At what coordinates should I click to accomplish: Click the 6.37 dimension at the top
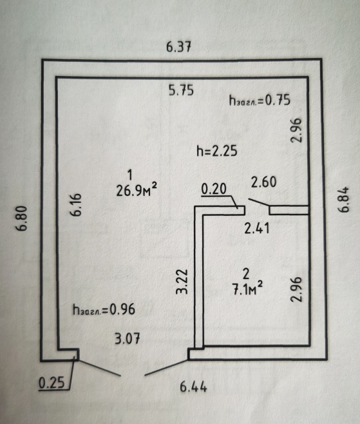coord(178,47)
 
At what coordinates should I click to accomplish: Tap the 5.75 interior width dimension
coord(181,90)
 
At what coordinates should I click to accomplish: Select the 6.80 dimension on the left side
coord(22,218)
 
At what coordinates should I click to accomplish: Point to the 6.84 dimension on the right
coord(344,200)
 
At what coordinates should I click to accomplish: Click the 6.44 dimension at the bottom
coord(193,387)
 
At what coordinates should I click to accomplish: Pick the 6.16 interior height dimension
coord(76,205)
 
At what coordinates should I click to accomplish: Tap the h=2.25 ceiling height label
coord(217,151)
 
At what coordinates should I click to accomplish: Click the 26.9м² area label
coord(137,190)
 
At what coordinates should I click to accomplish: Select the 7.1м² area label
coord(247,289)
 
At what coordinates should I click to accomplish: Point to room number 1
coord(130,175)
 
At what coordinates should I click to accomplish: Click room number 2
coord(246,275)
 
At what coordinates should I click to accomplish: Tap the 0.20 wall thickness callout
coord(214,189)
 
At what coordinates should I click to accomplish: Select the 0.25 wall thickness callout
coord(52,383)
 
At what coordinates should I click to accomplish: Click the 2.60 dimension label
coord(263,182)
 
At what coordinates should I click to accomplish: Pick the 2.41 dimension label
coord(257,228)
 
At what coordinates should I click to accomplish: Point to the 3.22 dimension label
coord(182,281)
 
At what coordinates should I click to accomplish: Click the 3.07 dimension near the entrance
coord(128,338)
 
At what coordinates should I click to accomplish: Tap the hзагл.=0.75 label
coord(260,100)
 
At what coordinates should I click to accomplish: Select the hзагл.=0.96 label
coord(104,309)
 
